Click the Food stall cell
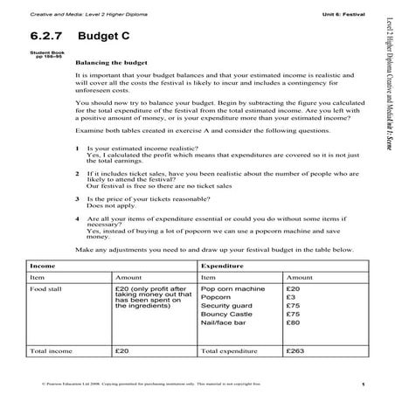(x=48, y=288)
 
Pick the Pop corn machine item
(x=232, y=288)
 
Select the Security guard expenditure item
(x=227, y=306)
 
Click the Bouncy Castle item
(x=225, y=315)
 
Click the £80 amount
(x=294, y=323)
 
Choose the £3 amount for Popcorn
(x=291, y=297)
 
